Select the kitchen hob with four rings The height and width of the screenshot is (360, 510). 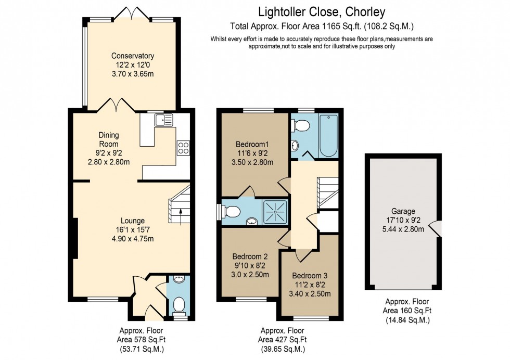pyautogui.click(x=183, y=148)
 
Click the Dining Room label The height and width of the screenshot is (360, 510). pyautogui.click(x=109, y=139)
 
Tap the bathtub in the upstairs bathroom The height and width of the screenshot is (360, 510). pyautogui.click(x=328, y=135)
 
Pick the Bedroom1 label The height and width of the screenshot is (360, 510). pyautogui.click(x=252, y=144)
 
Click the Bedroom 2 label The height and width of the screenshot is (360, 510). pyautogui.click(x=250, y=256)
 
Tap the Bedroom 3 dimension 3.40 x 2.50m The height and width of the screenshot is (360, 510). pyautogui.click(x=310, y=293)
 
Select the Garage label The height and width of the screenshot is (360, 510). pyautogui.click(x=403, y=211)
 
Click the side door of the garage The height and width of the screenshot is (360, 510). pyautogui.click(x=439, y=228)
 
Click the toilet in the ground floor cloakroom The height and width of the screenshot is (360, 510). pyautogui.click(x=179, y=303)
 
